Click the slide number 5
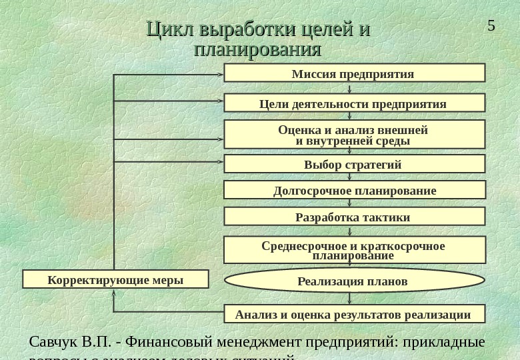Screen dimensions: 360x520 491,26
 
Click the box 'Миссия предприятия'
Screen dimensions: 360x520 354,73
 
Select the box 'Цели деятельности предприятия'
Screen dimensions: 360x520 354,103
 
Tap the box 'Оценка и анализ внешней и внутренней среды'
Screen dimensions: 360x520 354,135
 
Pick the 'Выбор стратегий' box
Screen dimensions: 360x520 354,164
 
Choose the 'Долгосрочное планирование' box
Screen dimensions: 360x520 354,191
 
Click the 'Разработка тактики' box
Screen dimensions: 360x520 354,217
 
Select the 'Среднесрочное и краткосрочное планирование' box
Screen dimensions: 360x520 354,250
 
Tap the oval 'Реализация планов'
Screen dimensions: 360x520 354,281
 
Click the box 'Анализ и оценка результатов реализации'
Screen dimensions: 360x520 354,314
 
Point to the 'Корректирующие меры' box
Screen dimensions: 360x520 115,279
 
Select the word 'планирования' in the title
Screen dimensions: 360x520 257,50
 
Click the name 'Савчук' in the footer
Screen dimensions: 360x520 53,342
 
